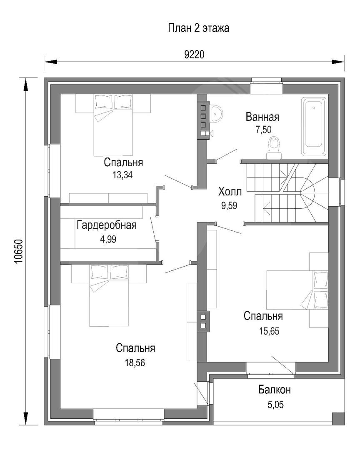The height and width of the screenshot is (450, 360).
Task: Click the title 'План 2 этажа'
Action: (x=198, y=28)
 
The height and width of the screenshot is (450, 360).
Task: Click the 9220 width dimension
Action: (x=194, y=54)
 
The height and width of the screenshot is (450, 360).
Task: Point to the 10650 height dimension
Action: (x=18, y=251)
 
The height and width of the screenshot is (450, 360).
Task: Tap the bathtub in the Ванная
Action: (x=314, y=127)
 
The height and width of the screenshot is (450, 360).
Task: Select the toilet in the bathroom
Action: (x=274, y=148)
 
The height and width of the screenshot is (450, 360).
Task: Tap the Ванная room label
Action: (x=262, y=117)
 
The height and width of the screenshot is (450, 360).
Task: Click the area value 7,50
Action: (x=263, y=130)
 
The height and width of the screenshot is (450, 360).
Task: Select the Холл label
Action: (x=230, y=191)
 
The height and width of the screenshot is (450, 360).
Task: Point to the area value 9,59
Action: (x=229, y=205)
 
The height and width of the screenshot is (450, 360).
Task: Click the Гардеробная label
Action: (x=107, y=225)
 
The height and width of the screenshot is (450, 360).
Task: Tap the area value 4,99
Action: (x=108, y=239)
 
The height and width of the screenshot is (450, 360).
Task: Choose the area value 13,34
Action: (x=122, y=175)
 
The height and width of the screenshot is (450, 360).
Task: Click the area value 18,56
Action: (x=135, y=363)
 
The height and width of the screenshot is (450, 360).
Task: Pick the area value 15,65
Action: (x=269, y=331)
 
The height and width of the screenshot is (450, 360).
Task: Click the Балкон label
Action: (x=275, y=390)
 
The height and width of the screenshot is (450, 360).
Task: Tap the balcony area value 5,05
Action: (x=275, y=405)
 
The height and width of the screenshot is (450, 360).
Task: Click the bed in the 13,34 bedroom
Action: (x=113, y=125)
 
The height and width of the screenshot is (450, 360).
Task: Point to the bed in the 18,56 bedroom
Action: (x=109, y=295)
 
